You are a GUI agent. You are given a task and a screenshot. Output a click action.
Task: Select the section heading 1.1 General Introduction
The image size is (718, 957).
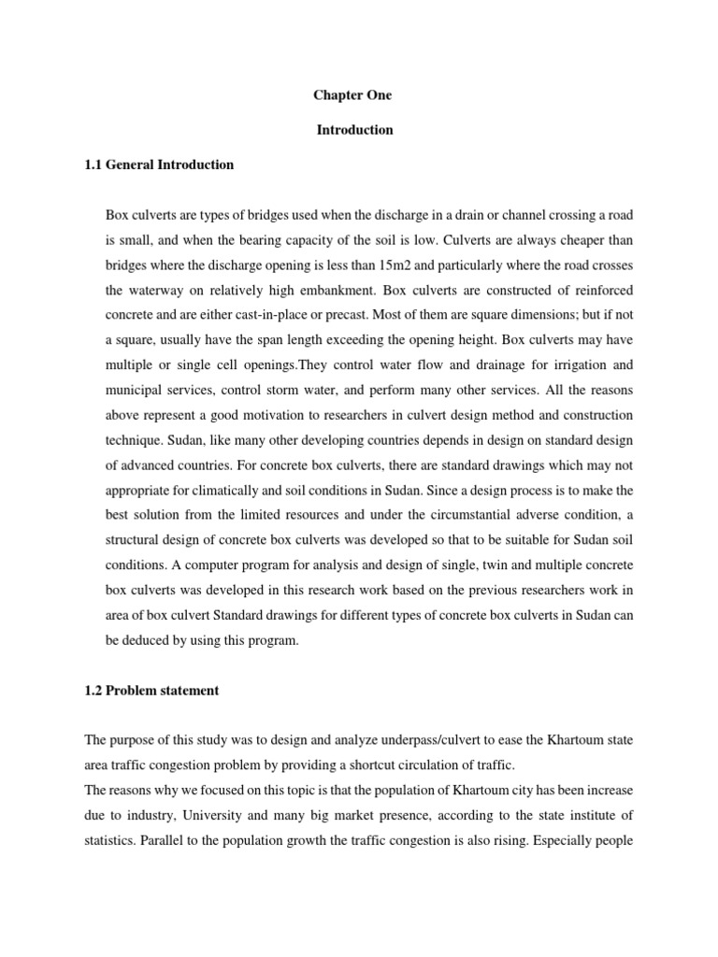(159, 164)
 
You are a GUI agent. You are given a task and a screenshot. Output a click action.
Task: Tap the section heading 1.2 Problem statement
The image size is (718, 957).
(151, 691)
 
